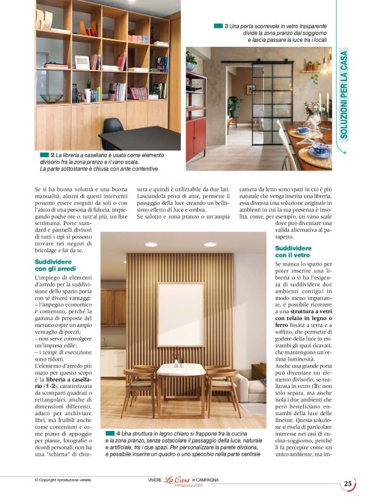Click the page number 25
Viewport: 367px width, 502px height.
point(348,484)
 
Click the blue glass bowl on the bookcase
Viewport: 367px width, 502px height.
point(52,98)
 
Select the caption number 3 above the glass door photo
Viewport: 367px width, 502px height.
point(226,26)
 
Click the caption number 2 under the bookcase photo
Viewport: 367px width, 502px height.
point(53,155)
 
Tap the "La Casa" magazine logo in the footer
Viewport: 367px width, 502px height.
point(178,480)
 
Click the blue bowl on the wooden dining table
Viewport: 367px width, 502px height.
point(318,146)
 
